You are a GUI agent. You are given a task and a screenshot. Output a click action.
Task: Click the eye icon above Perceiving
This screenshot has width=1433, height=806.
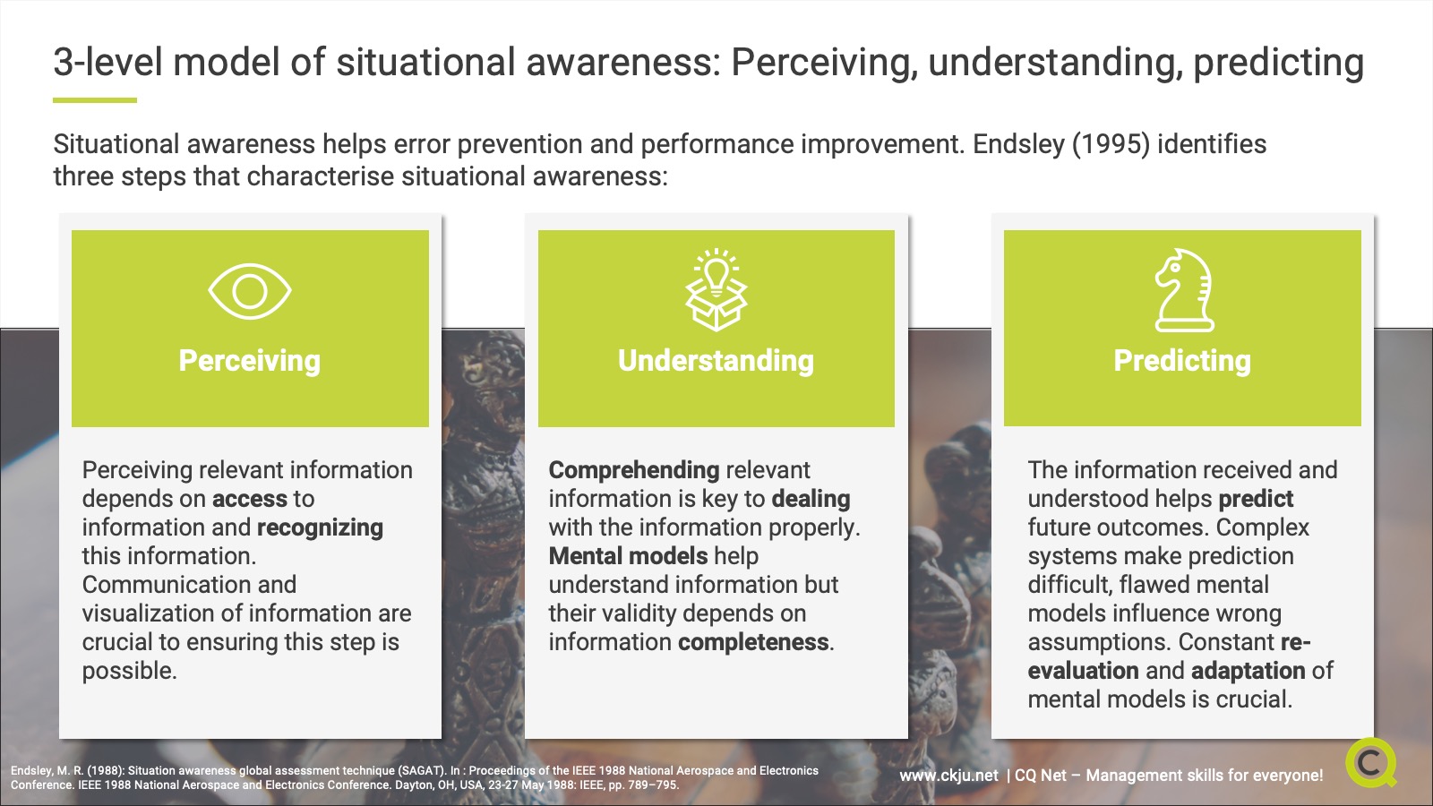250,291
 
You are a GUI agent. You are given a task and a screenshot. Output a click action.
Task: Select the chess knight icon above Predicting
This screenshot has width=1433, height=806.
1183,290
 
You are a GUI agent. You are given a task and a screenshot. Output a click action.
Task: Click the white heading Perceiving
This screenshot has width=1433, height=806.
249,361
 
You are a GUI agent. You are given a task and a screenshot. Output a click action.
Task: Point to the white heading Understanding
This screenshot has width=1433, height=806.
716,361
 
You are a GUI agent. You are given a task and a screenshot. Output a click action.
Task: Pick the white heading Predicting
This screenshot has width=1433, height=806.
1182,361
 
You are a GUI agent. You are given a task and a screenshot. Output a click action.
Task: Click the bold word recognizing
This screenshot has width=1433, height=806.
320,527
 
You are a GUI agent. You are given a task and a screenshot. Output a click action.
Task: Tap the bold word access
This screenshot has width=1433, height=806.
250,499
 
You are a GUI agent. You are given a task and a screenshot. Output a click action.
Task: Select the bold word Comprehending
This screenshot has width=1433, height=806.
634,470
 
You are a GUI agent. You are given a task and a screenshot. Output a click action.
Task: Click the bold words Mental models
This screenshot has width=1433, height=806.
628,556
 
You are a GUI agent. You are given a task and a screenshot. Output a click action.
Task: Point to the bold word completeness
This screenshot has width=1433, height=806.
753,642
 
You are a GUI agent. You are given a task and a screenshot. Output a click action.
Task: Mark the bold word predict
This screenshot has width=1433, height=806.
1256,499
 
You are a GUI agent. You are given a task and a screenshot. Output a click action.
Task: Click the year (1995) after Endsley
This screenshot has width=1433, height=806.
1111,144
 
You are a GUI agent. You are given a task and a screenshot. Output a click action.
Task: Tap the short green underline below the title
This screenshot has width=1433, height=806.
95,100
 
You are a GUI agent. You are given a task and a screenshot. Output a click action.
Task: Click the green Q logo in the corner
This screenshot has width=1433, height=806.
1370,763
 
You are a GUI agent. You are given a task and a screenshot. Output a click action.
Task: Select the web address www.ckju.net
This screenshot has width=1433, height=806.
948,776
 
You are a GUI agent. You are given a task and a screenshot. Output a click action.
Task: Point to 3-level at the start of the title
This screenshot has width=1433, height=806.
108,63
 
